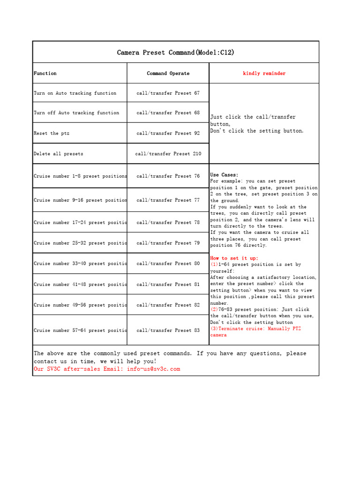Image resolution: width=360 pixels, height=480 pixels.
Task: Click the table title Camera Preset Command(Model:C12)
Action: pyautogui.click(x=176, y=52)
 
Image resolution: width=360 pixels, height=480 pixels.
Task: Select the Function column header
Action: pyautogui.click(x=45, y=74)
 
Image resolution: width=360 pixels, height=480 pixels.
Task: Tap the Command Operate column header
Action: pyautogui.click(x=168, y=74)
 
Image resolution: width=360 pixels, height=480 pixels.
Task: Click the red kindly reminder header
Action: pyautogui.click(x=264, y=74)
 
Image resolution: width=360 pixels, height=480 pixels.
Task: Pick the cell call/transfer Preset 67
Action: pyautogui.click(x=168, y=93)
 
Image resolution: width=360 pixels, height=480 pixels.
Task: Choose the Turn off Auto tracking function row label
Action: pyautogui.click(x=76, y=113)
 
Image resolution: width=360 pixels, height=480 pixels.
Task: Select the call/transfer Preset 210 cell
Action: pyautogui.click(x=168, y=154)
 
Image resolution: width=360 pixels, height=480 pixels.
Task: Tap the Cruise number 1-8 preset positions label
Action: pyautogui.click(x=80, y=176)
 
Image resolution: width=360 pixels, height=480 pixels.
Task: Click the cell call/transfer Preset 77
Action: pyautogui.click(x=168, y=200)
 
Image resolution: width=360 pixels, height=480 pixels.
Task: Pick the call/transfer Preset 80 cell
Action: pyautogui.click(x=168, y=263)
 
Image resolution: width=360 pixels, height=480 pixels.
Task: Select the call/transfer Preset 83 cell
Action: pyautogui.click(x=168, y=330)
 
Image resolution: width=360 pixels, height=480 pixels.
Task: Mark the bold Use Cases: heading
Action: pyautogui.click(x=224, y=175)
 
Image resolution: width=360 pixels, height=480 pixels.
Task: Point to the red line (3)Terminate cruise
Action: pyautogui.click(x=255, y=329)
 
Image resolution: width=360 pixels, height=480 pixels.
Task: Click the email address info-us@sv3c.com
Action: pyautogui.click(x=153, y=369)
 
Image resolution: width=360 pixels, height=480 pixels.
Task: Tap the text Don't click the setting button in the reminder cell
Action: pyautogui.click(x=257, y=131)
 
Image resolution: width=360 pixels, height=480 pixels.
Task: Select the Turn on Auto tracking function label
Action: pyautogui.click(x=75, y=93)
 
